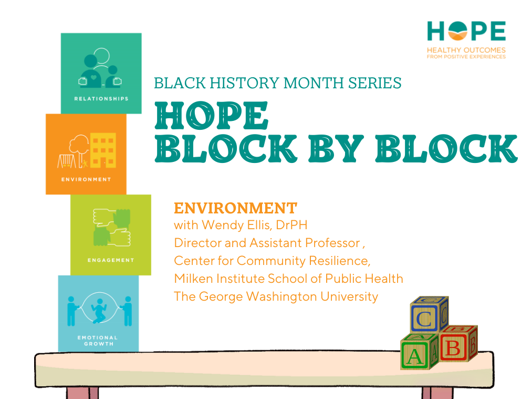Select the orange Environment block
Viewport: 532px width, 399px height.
[86, 154]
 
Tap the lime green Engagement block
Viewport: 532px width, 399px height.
[111, 234]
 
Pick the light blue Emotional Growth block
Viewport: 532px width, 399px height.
[98, 313]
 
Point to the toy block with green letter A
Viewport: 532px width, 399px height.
[415, 354]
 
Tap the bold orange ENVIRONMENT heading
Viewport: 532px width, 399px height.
[235, 208]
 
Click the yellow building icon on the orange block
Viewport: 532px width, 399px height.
[102, 149]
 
